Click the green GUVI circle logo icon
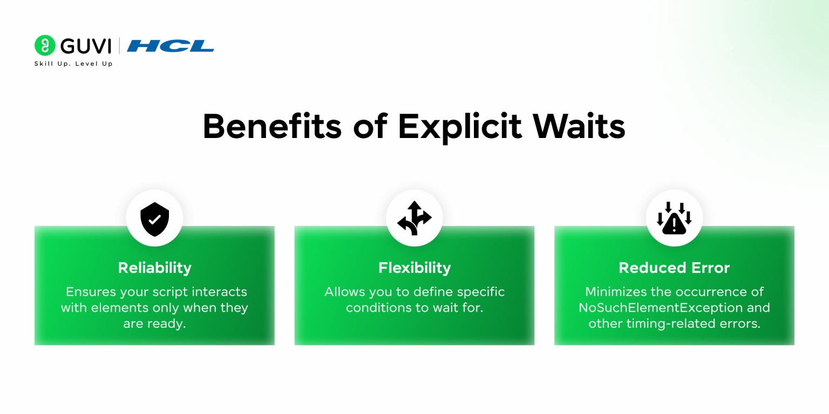[45, 45]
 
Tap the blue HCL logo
[171, 46]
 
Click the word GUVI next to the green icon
[86, 46]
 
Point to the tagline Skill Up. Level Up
[73, 64]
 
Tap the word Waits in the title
[579, 127]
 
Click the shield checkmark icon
[154, 218]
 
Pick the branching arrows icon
[414, 218]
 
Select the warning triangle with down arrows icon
[674, 218]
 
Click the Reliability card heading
[154, 268]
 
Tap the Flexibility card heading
[414, 268]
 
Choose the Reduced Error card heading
[674, 268]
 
